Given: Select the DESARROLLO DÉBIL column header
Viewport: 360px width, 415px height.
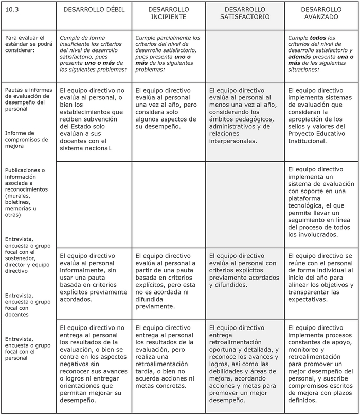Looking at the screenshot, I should tap(94, 10).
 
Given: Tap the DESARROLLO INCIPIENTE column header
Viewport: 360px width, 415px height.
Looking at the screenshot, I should tap(168, 13).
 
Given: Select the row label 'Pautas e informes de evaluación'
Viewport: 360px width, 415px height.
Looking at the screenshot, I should tap(27, 98).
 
